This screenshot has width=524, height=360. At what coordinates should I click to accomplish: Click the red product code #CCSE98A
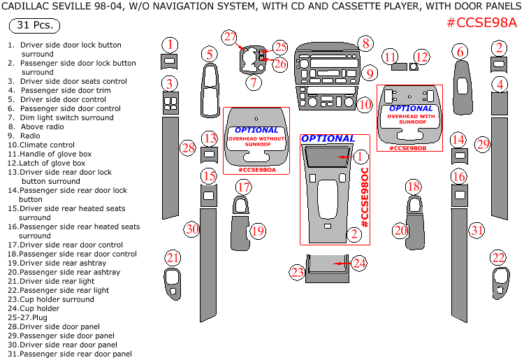[482, 22]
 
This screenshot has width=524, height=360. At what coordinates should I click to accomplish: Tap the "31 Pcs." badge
[34, 26]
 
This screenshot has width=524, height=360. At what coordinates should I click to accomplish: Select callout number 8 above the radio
[365, 43]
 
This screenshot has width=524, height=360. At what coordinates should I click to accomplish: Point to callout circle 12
[421, 57]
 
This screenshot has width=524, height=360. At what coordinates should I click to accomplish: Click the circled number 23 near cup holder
[298, 272]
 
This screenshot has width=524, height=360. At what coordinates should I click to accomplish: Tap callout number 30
[192, 229]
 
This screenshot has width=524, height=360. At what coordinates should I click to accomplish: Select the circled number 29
[483, 145]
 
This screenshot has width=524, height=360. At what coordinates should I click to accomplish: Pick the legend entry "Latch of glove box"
[49, 163]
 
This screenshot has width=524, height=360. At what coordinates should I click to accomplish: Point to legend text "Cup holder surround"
[52, 299]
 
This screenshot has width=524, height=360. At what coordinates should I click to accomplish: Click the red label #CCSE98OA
[256, 170]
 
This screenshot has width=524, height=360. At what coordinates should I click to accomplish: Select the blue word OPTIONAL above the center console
[328, 138]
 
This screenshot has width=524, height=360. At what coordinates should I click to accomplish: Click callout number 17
[243, 187]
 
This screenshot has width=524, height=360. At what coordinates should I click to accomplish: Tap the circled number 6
[459, 51]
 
